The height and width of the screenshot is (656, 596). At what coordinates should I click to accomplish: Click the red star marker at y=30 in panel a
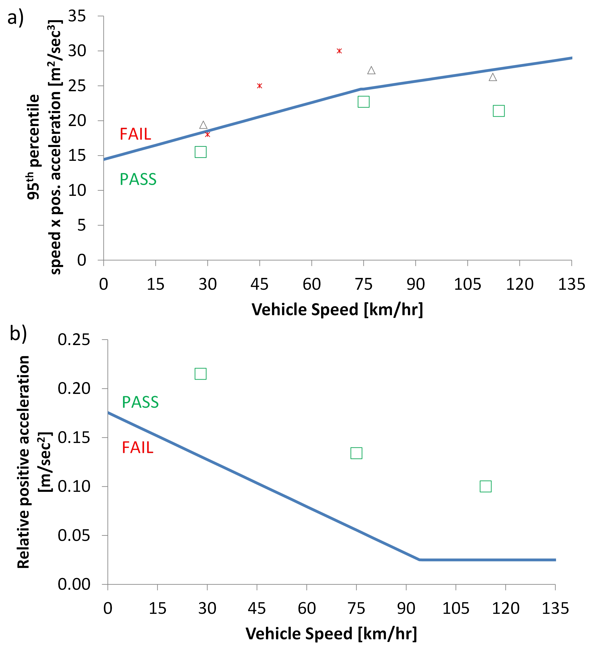pos(339,51)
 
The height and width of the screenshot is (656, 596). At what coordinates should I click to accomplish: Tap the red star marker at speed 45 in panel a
pos(259,86)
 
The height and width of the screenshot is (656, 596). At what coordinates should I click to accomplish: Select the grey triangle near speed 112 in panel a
pos(493,77)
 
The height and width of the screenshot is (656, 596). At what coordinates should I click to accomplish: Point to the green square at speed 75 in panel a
pos(364,102)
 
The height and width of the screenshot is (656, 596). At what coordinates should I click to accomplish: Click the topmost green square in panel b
pos(200,374)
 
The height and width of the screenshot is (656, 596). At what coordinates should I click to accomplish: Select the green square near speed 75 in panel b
pos(356,453)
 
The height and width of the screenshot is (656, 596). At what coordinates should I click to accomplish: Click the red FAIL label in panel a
pos(136,134)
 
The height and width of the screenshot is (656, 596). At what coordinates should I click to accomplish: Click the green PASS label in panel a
pos(138,179)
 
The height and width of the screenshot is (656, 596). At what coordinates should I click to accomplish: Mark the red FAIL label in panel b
pos(137,448)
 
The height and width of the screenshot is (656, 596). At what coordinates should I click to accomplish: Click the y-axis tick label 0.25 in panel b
pos(74,340)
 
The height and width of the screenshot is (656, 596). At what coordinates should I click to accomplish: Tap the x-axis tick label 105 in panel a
pos(467,284)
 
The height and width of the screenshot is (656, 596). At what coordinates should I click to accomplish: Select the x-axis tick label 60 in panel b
pos(306,608)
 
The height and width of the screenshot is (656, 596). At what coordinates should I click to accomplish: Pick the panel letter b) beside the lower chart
pos(18,333)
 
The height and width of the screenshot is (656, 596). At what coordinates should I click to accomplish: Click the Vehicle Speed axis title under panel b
pos(331,634)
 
